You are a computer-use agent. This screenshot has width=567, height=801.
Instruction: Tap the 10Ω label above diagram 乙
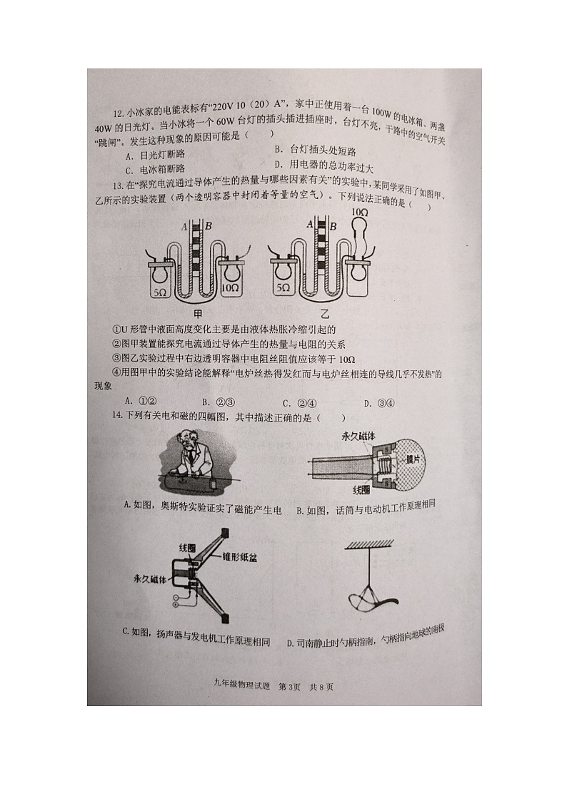(359, 213)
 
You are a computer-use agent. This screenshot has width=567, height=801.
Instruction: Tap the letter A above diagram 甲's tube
(184, 227)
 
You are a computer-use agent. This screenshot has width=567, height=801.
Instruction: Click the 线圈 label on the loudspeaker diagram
(188, 547)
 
